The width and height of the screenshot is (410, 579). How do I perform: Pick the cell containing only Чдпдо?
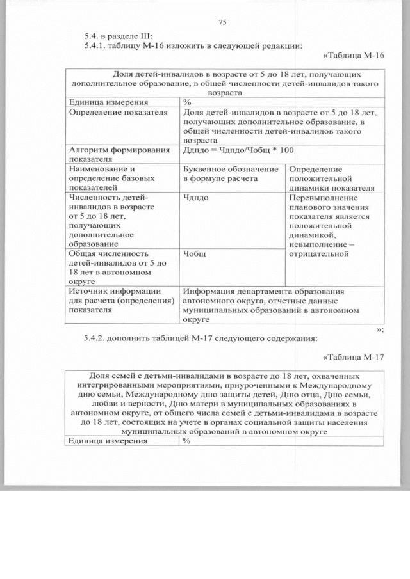point(195,198)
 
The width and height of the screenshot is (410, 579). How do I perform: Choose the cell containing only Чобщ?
point(194,253)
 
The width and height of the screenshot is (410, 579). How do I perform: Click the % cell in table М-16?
point(187,102)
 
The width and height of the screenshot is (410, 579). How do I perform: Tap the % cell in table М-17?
point(187,441)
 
